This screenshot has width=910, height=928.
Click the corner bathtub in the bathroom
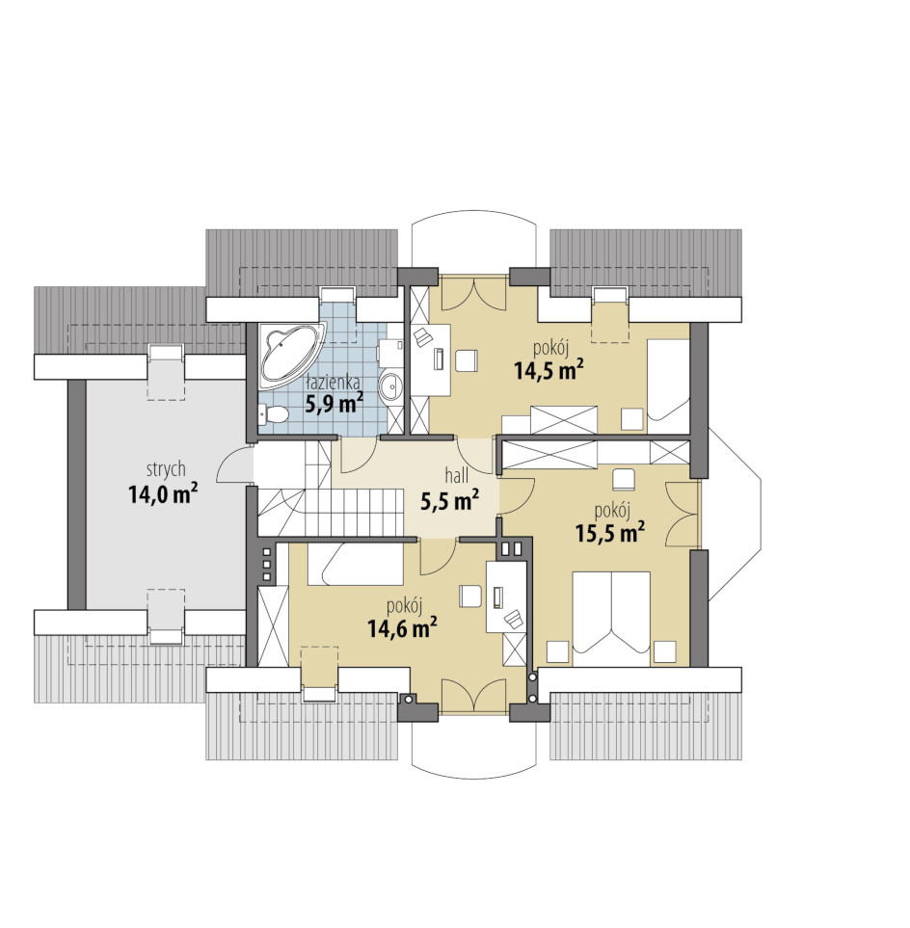tap(288, 354)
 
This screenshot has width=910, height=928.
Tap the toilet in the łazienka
tap(273, 414)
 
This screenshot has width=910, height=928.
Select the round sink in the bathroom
tap(390, 387)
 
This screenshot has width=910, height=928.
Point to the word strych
tap(166, 470)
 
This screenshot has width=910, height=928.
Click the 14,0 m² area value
tap(163, 494)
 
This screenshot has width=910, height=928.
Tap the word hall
tap(457, 475)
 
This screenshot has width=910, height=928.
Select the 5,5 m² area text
tap(449, 501)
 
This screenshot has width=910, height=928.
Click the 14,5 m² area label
tap(549, 370)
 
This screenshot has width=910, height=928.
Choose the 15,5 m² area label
tap(610, 533)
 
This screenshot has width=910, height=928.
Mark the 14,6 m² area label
tap(403, 628)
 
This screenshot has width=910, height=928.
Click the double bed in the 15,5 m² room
tap(611, 619)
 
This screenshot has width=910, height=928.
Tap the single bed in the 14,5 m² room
tap(668, 379)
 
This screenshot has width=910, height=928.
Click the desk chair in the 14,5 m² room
tap(466, 360)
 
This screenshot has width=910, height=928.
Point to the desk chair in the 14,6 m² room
tap(470, 596)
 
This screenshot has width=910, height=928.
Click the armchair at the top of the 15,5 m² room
tap(623, 479)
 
